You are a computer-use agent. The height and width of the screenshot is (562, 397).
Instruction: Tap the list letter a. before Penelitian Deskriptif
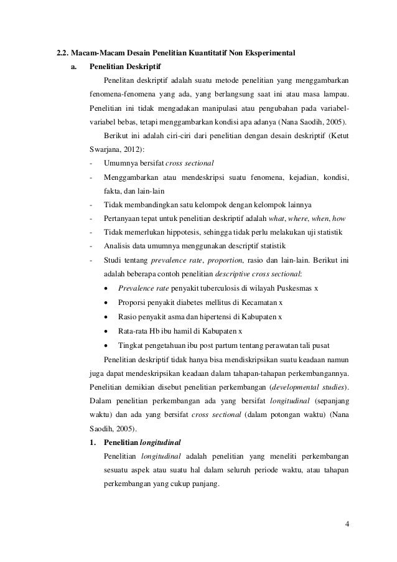[73, 65]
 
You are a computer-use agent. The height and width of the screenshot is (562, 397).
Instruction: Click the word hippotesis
[176, 232]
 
